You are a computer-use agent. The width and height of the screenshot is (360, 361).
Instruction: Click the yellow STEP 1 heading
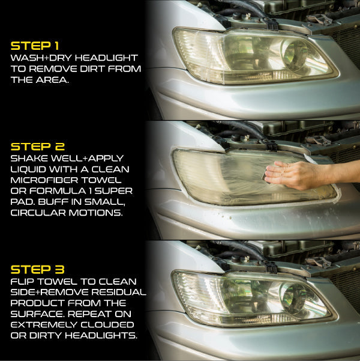(35, 46)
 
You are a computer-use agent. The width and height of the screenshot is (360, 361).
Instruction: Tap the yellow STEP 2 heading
(38, 147)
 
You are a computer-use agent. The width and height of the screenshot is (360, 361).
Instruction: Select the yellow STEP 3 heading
(37, 269)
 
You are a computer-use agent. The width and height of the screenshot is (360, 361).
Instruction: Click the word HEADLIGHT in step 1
(107, 58)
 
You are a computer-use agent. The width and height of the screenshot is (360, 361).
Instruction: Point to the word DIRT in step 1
(93, 69)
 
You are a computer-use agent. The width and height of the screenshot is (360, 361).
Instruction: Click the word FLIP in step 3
(23, 281)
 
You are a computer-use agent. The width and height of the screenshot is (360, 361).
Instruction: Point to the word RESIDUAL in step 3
(119, 292)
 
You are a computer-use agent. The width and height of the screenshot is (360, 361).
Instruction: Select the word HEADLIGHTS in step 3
(101, 335)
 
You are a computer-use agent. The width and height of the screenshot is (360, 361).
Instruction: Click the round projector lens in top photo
(295, 55)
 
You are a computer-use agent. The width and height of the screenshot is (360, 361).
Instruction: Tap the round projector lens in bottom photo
(293, 299)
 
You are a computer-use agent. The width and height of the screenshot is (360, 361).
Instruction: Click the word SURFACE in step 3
(37, 314)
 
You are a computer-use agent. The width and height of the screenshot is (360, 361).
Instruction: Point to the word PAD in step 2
(23, 202)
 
